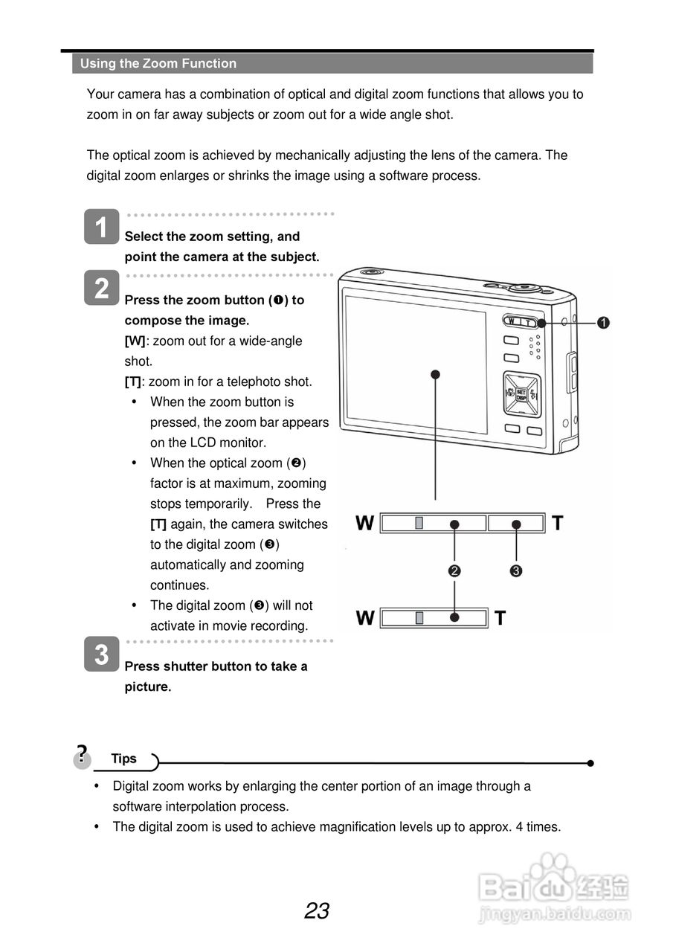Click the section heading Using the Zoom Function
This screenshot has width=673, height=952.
pos(158,64)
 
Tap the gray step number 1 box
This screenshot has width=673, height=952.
pos(101,227)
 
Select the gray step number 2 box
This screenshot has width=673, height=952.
pos(101,287)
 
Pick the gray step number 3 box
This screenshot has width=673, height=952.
pos(101,654)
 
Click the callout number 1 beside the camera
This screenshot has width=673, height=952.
pos(603,322)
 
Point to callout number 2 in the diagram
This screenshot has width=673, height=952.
pos(454,571)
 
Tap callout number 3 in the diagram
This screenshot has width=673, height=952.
pos(516,571)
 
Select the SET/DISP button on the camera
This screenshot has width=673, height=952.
pos(521,393)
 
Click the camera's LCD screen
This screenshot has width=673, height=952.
pos(416,364)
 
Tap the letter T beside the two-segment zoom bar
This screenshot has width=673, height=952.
pos(558,524)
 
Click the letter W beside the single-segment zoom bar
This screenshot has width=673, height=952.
pos(365,618)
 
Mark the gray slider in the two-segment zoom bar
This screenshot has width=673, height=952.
pos(419,524)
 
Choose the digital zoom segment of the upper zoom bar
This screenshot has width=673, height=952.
pos(516,524)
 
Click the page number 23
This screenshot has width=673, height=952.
pos(317,911)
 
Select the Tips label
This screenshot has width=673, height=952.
pos(124,759)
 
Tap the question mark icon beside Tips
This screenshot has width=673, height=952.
pos(82,755)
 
